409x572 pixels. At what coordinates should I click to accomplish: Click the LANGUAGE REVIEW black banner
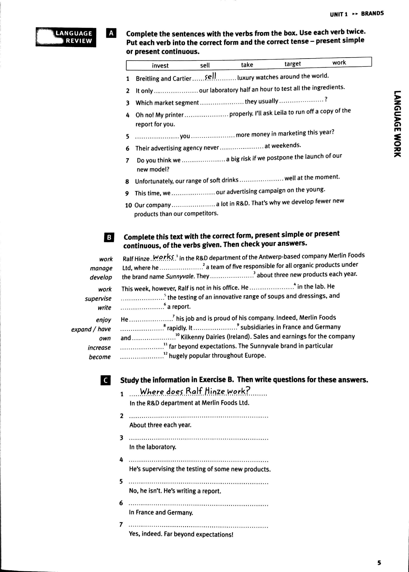tap(66, 37)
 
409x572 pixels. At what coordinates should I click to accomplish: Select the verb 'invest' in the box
tap(160, 66)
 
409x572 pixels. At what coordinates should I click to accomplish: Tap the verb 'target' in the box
tap(292, 64)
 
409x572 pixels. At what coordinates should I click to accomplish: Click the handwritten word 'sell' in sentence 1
tap(210, 76)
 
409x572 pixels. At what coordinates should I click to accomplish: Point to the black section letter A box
tap(111, 33)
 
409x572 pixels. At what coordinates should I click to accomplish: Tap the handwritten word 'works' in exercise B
tap(163, 257)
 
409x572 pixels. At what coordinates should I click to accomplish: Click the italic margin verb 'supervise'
tap(98, 299)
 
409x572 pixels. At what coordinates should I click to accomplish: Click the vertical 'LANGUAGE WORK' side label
tap(397, 124)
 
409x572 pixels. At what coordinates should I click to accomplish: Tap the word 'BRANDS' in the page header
tap(372, 14)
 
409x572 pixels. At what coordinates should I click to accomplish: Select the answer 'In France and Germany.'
tap(161, 512)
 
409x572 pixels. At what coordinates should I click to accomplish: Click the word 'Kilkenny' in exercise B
tap(192, 337)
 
